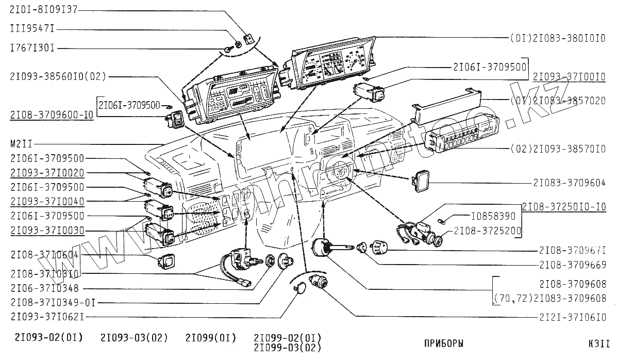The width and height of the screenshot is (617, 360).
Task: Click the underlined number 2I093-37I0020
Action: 47,172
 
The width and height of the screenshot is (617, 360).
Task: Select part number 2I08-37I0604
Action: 44,254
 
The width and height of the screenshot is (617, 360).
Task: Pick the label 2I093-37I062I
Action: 47,316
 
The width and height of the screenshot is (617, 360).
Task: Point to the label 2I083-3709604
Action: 569,183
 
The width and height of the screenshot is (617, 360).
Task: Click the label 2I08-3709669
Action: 572,265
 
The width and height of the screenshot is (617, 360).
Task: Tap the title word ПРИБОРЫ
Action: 443,343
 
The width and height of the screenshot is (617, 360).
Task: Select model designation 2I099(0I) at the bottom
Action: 210,338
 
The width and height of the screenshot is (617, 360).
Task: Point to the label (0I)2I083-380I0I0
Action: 557,38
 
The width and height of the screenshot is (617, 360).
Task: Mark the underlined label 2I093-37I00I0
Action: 569,76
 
